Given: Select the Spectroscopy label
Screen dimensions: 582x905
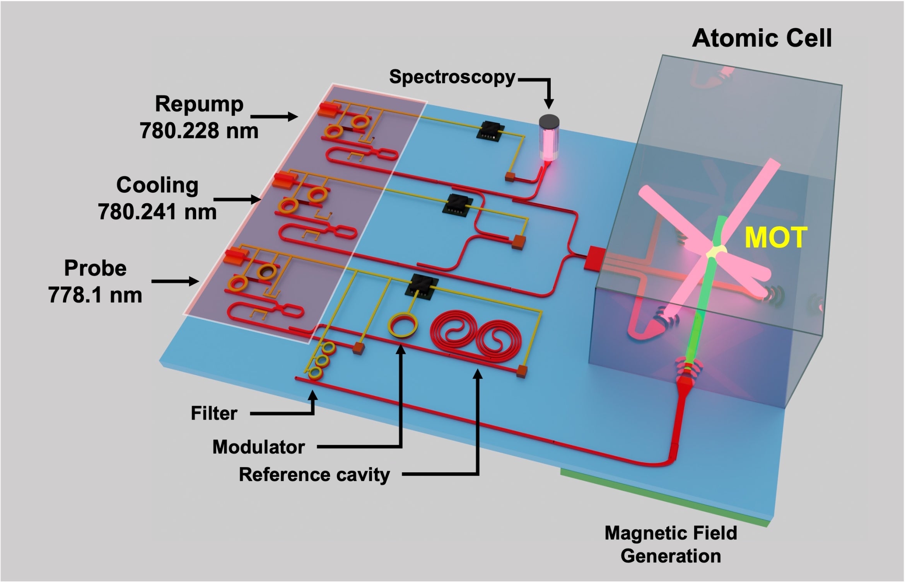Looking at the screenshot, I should pos(452,77).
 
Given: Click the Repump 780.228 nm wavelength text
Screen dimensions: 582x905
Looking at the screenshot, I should pos(199,131).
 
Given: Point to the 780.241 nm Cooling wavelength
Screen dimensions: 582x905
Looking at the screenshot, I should pos(157,212).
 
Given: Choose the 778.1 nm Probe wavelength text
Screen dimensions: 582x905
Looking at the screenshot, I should pos(95,295).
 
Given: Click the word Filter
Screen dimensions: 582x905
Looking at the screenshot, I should pos(214,414).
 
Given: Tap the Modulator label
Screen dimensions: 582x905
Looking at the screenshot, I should pos(258,447).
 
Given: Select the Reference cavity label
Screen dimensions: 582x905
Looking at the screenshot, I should pos(314,474).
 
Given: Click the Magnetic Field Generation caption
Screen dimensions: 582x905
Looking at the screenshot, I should pos(671,545).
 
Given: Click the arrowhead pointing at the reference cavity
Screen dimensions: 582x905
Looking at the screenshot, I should pos(479,373).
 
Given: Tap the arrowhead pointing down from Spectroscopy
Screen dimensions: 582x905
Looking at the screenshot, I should pos(548,104).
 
